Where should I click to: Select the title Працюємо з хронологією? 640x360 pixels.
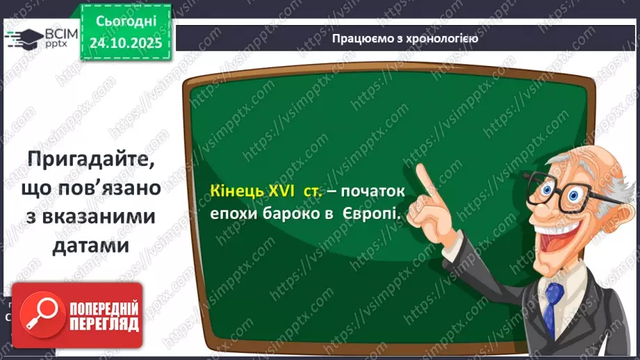[405, 38]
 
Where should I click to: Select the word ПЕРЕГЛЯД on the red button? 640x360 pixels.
[104, 323]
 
